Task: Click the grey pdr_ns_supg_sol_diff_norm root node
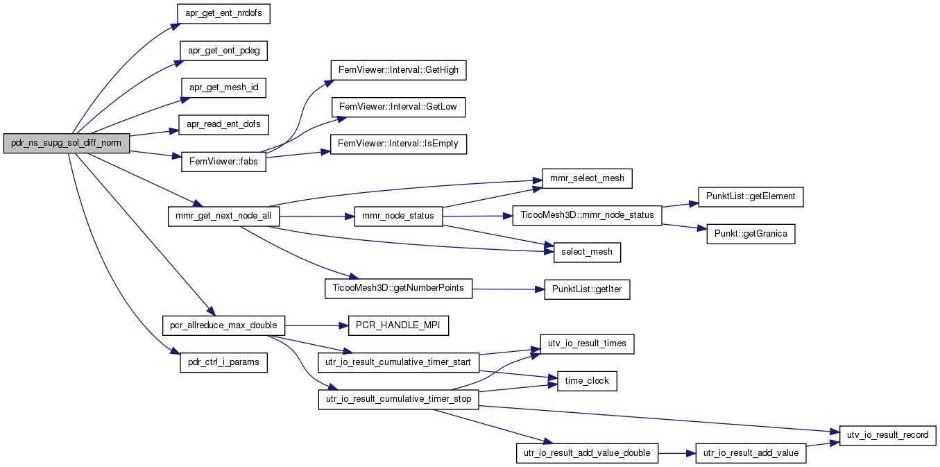click(67, 143)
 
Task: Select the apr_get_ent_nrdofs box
click(223, 14)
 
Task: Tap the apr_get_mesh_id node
click(223, 87)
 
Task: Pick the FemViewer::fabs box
click(223, 162)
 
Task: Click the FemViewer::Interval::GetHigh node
click(398, 70)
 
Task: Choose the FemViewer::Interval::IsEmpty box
click(398, 144)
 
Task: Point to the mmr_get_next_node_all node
click(223, 216)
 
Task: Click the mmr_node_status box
click(398, 216)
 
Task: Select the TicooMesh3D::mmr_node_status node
click(587, 215)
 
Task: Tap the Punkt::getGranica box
click(751, 234)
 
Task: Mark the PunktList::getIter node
click(587, 289)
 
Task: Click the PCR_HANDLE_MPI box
click(398, 325)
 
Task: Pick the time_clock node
click(587, 381)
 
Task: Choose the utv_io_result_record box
click(887, 435)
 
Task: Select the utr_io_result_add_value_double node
click(587, 453)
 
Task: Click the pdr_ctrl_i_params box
click(223, 362)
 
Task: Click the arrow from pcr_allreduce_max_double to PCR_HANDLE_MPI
click(316, 325)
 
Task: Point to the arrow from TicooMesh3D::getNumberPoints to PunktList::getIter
click(509, 289)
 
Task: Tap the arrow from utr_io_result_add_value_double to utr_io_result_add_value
click(677, 453)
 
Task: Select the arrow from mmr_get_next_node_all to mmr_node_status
click(317, 216)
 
